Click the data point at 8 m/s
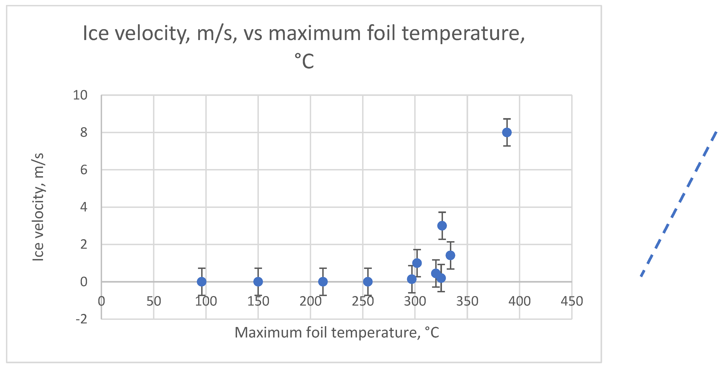click(507, 132)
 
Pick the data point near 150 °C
click(258, 282)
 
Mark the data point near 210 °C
click(323, 282)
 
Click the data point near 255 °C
click(368, 282)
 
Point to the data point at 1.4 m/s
click(450, 255)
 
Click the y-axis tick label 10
click(80, 96)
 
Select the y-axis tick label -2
click(81, 319)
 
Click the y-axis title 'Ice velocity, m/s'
click(38, 207)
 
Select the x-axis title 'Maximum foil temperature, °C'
click(337, 333)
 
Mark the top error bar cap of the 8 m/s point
click(507, 119)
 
